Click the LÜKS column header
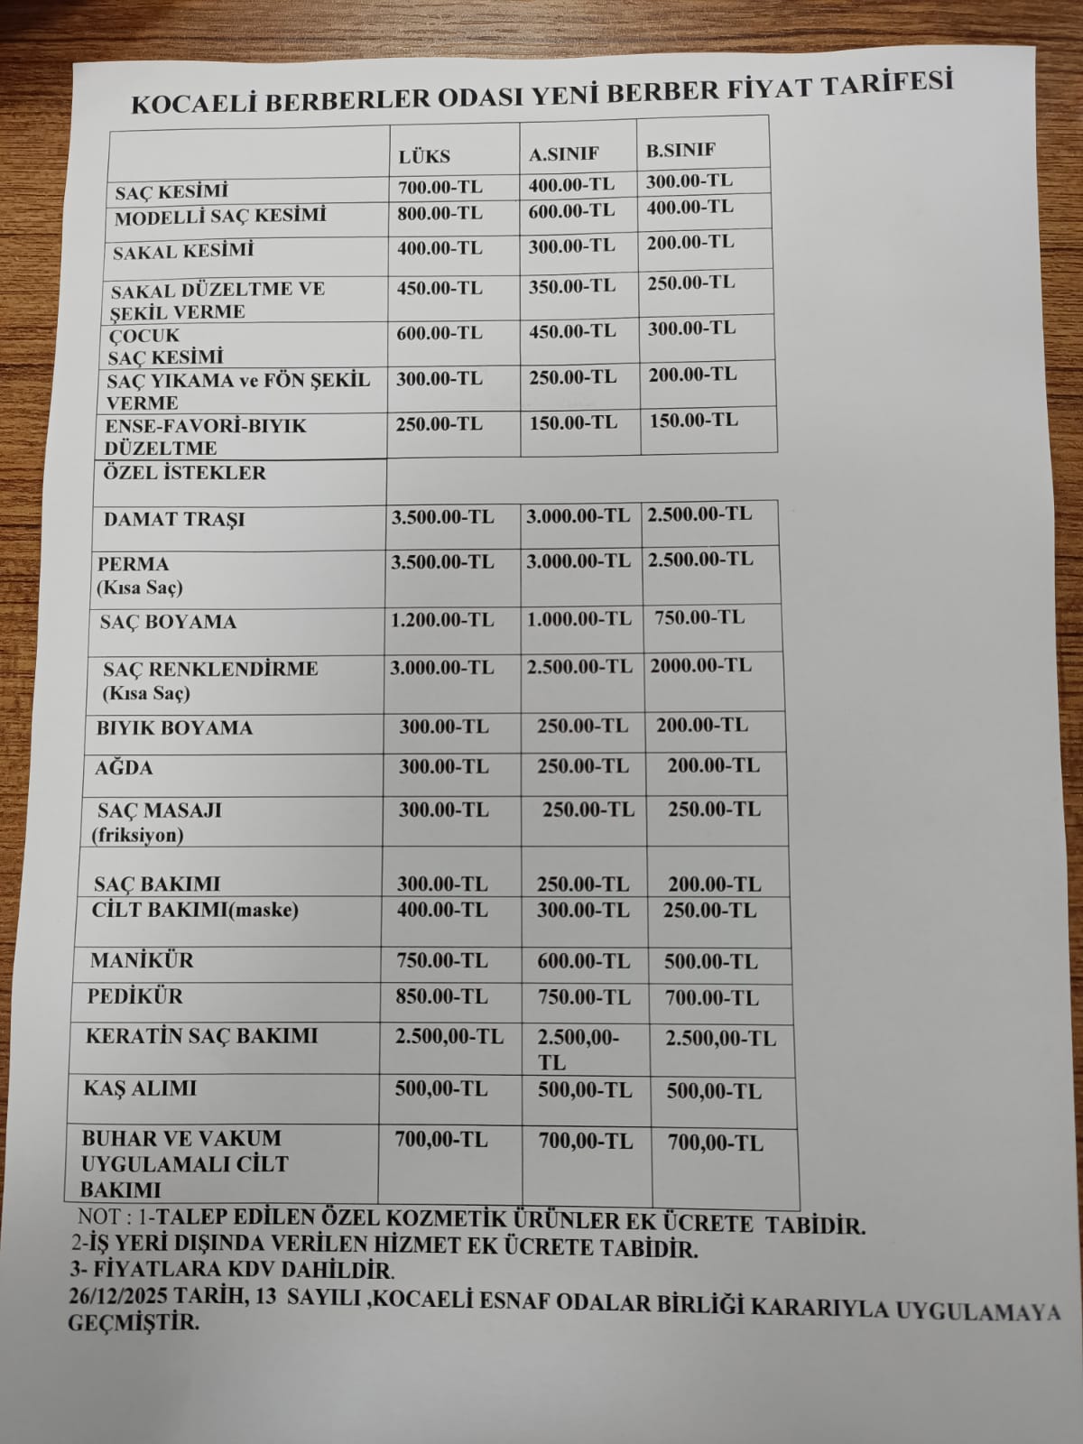(x=424, y=155)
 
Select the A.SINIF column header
(x=563, y=153)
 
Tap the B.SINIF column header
(x=680, y=149)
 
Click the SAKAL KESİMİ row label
(x=183, y=251)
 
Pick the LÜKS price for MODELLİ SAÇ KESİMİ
(x=440, y=214)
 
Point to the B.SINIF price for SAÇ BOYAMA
(x=699, y=618)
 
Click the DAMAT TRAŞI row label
(x=173, y=520)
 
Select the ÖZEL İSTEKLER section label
(x=185, y=473)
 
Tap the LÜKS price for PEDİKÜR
(x=441, y=996)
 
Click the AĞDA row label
(x=125, y=768)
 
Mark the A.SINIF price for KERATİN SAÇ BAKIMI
(x=578, y=1049)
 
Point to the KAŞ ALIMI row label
(x=139, y=1088)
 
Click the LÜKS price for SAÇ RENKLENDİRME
(x=441, y=668)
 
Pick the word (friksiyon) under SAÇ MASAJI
(x=137, y=835)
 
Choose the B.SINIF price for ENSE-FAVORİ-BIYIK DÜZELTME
(x=693, y=420)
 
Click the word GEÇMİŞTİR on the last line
(x=134, y=1324)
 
